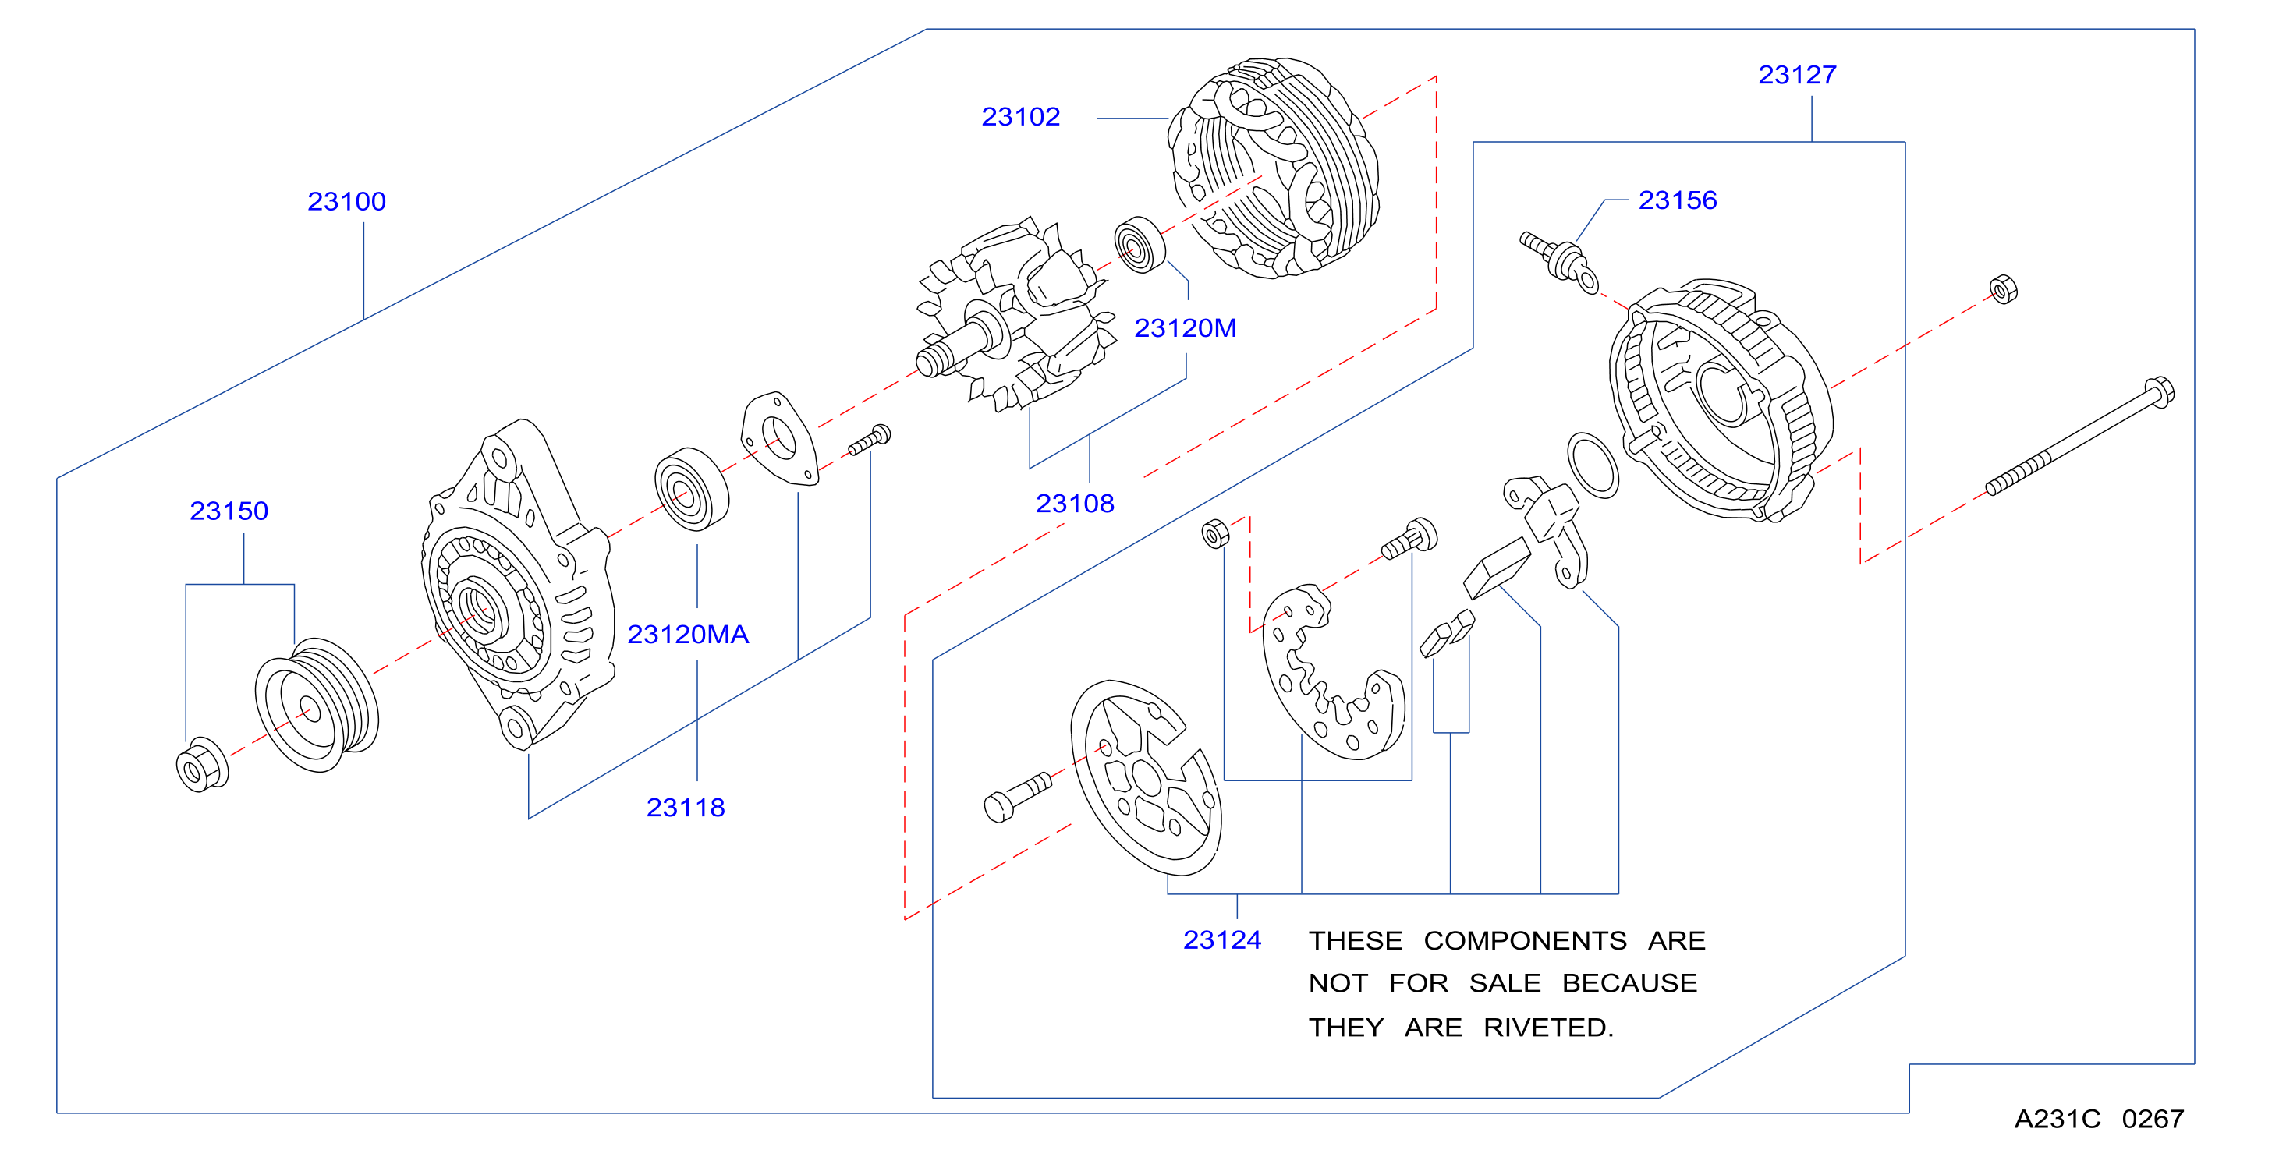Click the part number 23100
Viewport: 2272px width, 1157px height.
pos(346,202)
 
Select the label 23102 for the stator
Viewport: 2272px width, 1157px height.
pos(1020,117)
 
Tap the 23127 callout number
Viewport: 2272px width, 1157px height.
pos(1798,75)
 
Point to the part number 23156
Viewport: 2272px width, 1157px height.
pos(1678,200)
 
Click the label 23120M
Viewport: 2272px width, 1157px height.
pos(1186,328)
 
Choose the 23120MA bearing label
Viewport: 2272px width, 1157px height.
pos(688,634)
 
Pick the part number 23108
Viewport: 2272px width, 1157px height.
pos(1075,504)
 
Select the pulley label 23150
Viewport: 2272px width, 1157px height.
pos(229,511)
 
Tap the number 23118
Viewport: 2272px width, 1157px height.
pos(686,807)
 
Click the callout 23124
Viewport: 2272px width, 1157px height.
pos(1222,940)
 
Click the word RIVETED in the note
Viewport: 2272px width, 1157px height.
pos(1549,1028)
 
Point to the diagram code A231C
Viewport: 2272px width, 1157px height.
pos(2058,1119)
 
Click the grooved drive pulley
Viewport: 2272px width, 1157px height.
pos(317,705)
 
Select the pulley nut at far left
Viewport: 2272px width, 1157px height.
pos(202,766)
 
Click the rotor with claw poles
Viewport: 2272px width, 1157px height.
pos(1014,315)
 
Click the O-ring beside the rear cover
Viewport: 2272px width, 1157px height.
pos(1593,465)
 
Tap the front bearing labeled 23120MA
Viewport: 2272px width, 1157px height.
pos(693,490)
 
